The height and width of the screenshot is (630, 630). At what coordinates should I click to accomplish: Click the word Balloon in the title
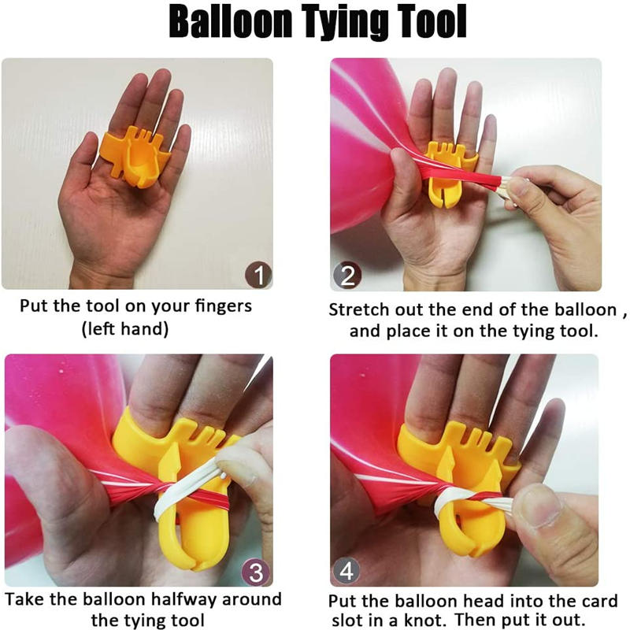click(230, 21)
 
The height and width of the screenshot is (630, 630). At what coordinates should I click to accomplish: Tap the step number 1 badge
click(258, 275)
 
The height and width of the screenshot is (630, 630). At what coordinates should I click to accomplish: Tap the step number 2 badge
click(347, 276)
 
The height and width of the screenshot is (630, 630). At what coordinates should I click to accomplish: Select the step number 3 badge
click(256, 572)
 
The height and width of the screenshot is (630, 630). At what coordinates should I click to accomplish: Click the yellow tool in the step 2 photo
click(447, 173)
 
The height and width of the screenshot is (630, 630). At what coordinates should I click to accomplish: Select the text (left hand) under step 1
click(125, 329)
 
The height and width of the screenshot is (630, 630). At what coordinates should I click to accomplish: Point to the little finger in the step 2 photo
click(489, 141)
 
